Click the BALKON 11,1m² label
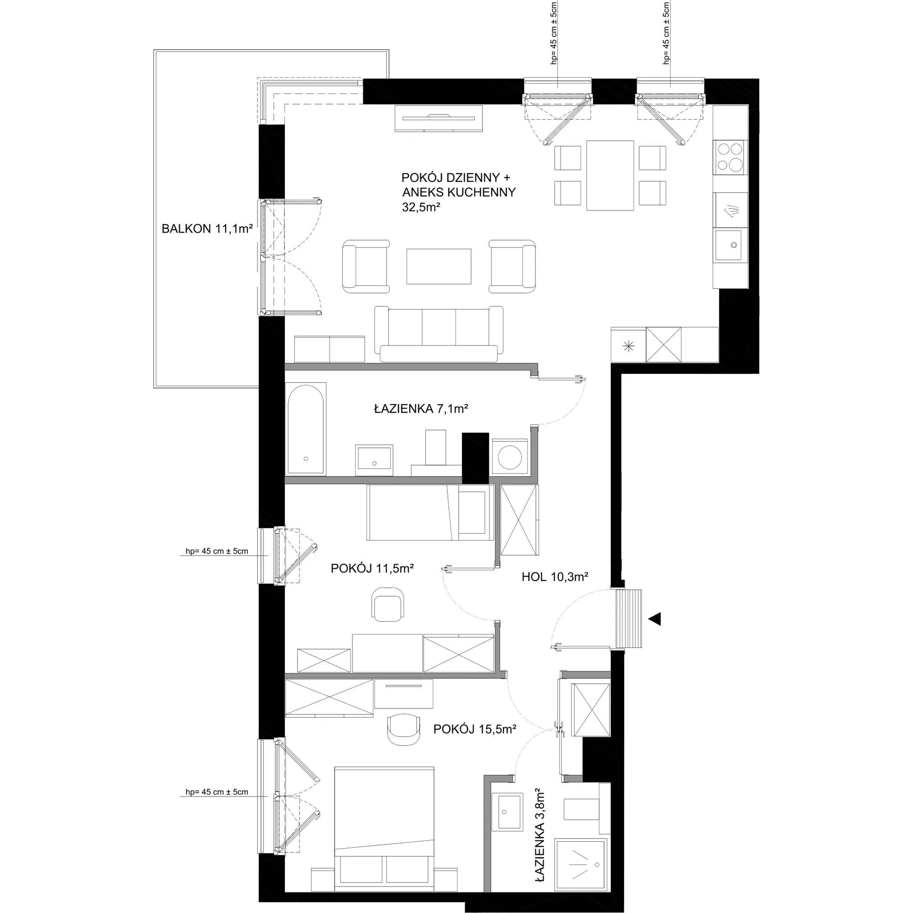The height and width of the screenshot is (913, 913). (x=207, y=229)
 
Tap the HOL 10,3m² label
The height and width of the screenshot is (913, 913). (x=555, y=577)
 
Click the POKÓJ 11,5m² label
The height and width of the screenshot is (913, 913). (x=373, y=569)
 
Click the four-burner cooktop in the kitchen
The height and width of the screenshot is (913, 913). (x=730, y=157)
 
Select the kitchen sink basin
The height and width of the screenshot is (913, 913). (x=731, y=245)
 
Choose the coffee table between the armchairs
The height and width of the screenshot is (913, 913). (x=439, y=267)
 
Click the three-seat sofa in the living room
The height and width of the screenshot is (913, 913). (x=439, y=334)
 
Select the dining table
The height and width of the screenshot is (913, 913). (x=609, y=175)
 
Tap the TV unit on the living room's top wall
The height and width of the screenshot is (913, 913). (x=439, y=119)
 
